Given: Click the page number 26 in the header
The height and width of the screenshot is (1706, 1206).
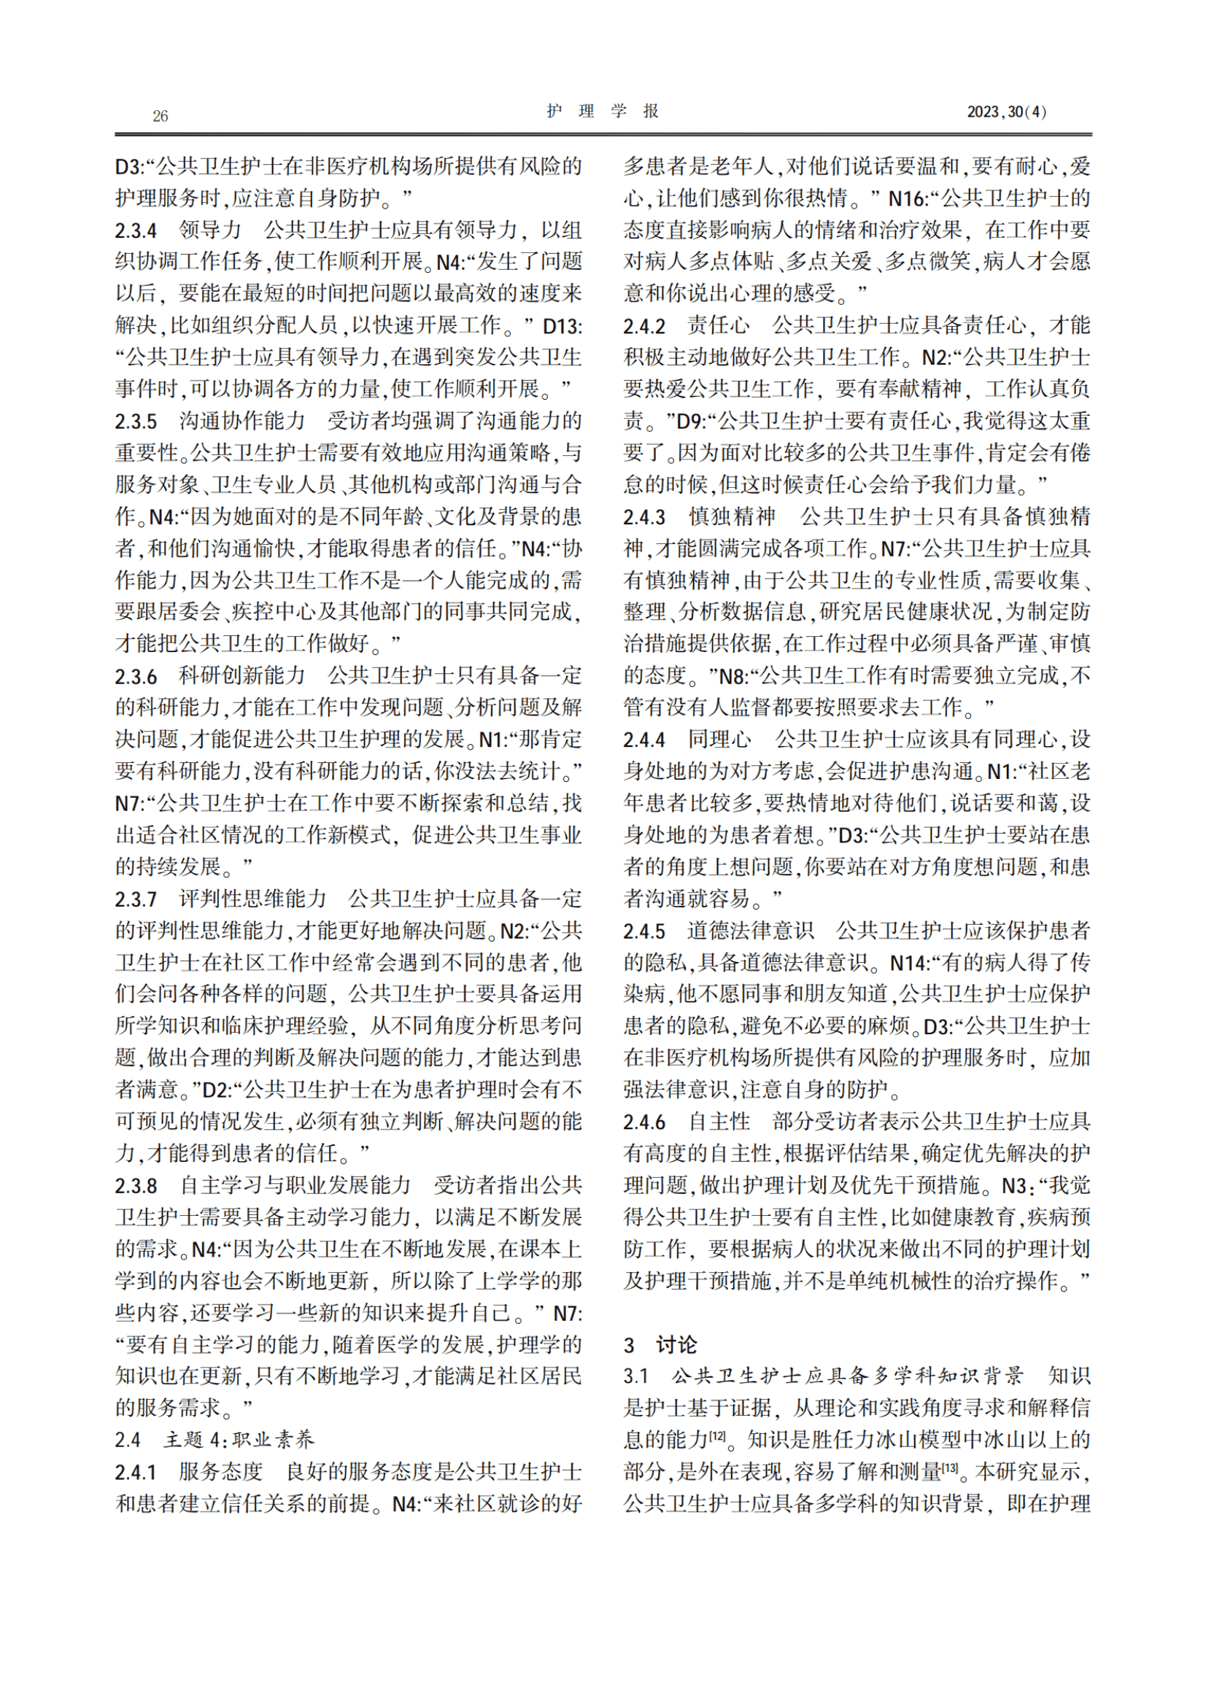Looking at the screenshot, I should pos(160,115).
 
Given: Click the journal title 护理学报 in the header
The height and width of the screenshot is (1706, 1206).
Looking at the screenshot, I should pos(603,111).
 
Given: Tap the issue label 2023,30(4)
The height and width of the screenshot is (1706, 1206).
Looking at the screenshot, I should pos(1006,112).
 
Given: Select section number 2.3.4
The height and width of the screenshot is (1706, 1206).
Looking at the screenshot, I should pos(136,230).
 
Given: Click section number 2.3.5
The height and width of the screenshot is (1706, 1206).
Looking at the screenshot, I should pos(136,422).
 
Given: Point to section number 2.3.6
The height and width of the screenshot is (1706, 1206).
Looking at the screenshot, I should pos(136,676).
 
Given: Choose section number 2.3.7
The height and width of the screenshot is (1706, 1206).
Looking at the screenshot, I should pos(136,899).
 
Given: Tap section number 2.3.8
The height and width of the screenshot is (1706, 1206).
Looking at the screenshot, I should pos(136,1186).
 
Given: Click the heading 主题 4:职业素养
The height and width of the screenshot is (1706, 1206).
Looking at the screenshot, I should pos(239,1440).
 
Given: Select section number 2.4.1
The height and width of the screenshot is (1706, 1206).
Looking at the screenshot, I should pos(136,1472).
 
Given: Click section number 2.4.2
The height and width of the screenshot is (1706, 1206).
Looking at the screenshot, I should pos(644,325).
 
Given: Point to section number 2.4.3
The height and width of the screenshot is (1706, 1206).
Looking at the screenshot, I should pos(644,516).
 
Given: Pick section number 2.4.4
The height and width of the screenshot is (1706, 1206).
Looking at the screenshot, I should pos(644,740).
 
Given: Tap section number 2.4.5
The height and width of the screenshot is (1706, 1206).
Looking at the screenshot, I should pos(644,930).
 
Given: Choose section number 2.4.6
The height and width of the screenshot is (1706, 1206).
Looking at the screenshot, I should pos(644,1122).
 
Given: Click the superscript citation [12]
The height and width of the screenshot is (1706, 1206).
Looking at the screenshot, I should pos(717,1436).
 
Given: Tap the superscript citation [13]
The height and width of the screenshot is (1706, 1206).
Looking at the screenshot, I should pos(950,1468).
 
